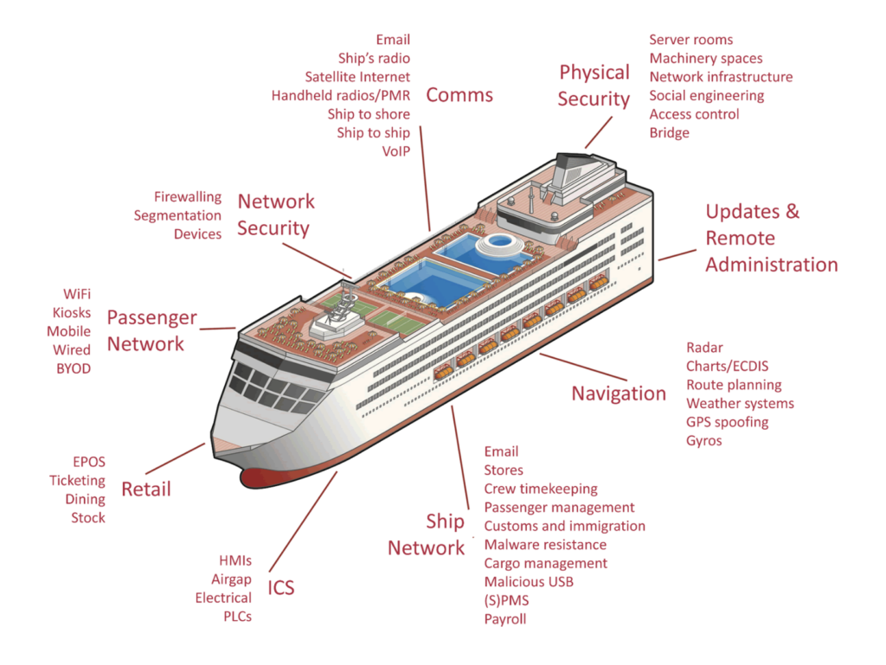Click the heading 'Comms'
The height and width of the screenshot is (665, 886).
coord(459,95)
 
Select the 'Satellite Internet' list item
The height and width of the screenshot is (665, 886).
coord(357,77)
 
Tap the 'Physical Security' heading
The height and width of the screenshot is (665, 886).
coord(594,86)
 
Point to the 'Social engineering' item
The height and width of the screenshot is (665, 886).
coord(706,96)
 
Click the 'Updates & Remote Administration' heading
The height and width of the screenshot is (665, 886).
coord(771,238)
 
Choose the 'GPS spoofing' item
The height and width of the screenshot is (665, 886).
coord(727,422)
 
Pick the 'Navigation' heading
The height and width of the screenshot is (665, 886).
coord(619,393)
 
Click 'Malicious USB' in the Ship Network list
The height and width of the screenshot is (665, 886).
coord(528,582)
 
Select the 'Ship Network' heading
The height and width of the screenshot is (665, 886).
coord(427,534)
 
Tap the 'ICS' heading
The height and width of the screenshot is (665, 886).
coord(280,589)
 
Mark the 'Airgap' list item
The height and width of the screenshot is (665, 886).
coord(231,579)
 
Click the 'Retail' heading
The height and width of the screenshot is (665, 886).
coord(146,489)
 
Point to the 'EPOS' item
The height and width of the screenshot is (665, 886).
coord(89,463)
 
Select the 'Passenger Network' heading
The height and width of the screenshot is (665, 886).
coord(151,331)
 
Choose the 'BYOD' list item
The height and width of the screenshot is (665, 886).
coord(73,369)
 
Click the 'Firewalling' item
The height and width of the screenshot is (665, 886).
coord(188,197)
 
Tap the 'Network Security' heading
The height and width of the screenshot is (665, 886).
coord(275,214)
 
